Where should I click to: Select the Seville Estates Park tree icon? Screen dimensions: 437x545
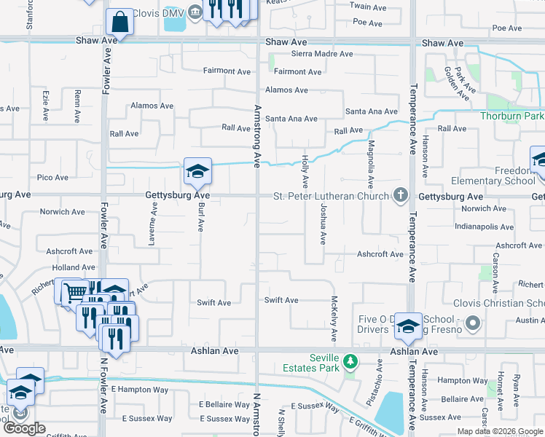click(351, 361)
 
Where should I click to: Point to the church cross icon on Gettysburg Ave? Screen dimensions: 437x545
click(401, 194)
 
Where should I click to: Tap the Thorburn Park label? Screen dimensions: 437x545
click(512, 117)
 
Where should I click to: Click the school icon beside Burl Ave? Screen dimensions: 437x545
click(197, 172)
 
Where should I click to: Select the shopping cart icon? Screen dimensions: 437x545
click(73, 291)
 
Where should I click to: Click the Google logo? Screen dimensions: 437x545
click(25, 428)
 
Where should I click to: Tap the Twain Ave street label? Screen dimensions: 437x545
click(368, 7)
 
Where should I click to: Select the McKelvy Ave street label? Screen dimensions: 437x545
click(334, 318)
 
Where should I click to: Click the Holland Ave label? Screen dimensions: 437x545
click(74, 269)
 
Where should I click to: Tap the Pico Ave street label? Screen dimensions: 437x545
click(52, 178)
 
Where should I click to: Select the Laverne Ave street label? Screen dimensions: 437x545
click(154, 216)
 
